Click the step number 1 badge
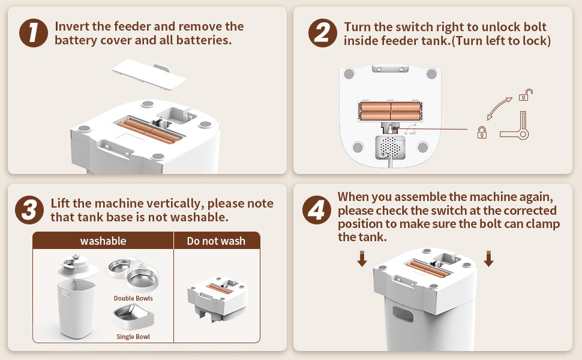pos(34,33)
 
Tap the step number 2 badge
pos(323,33)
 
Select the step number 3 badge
pos(29,210)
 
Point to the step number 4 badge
pos(317,210)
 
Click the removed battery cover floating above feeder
pos(149,74)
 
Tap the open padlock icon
pos(526,95)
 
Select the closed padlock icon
pos(482,132)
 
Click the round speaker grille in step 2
pos(390,148)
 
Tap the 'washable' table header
pos(103,241)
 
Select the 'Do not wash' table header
pos(216,241)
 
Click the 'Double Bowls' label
pos(133,298)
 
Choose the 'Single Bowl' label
pos(133,337)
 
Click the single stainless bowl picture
pos(134,317)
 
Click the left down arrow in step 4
pos(362,259)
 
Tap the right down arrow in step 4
pos(489,259)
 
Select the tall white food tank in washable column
pos(76,309)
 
